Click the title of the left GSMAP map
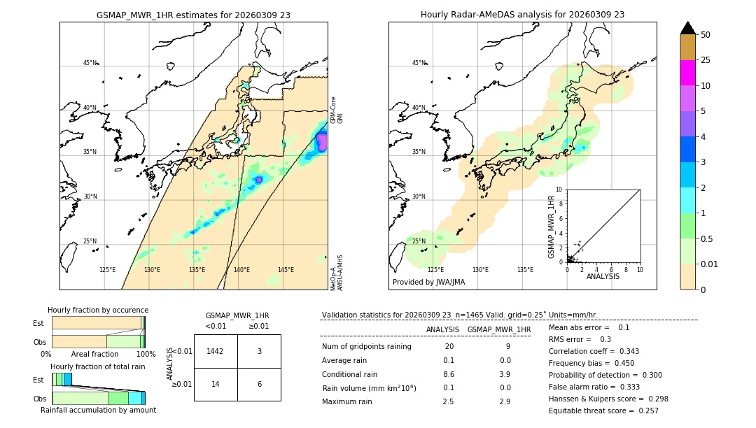pyautogui.click(x=193, y=15)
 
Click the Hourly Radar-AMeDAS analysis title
pyautogui.click(x=522, y=15)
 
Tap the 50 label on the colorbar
pyautogui.click(x=706, y=35)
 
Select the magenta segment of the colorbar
pyautogui.click(x=687, y=73)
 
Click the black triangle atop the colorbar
pyautogui.click(x=687, y=28)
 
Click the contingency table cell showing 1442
pyautogui.click(x=216, y=351)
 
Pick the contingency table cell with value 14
pyautogui.click(x=216, y=384)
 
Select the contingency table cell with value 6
pyautogui.click(x=259, y=384)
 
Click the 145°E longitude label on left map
pyautogui.click(x=286, y=270)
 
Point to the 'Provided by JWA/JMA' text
pyautogui.click(x=428, y=283)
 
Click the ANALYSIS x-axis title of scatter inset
pyautogui.click(x=603, y=276)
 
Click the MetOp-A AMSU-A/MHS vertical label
pyautogui.click(x=337, y=273)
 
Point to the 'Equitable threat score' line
pyautogui.click(x=603, y=411)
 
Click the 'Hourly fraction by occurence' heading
pyautogui.click(x=98, y=310)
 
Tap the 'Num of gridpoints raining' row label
pyautogui.click(x=367, y=346)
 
